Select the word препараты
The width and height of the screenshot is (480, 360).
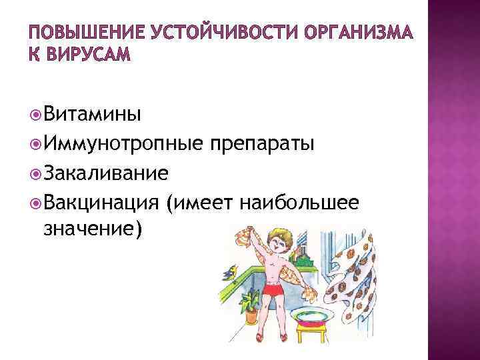click(260, 144)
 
